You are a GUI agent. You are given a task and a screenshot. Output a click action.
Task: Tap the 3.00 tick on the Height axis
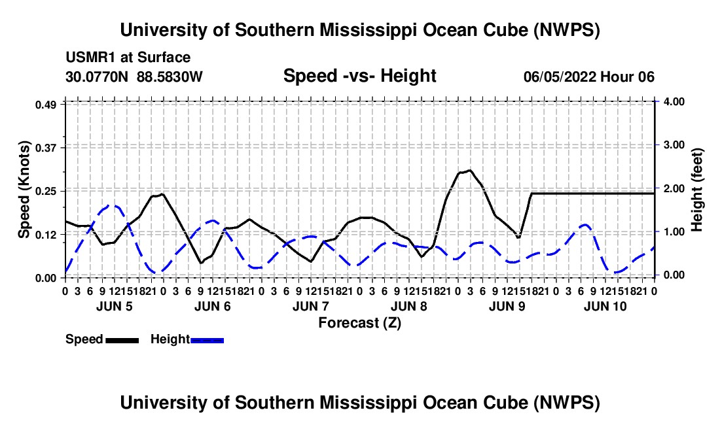coord(674,145)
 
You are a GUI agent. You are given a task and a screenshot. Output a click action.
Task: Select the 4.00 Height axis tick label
coord(674,101)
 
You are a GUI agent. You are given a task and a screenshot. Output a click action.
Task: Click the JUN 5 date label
coord(115,306)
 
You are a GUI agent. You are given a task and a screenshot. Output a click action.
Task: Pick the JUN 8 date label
coord(408,306)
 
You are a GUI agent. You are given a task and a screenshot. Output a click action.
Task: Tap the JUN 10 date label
coord(605,306)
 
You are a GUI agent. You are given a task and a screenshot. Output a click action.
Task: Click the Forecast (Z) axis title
coord(360,323)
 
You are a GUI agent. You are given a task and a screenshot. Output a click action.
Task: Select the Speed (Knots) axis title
coord(24,190)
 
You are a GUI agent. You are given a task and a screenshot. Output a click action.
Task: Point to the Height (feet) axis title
coord(696,190)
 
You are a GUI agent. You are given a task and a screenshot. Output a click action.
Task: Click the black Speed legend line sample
coord(122,340)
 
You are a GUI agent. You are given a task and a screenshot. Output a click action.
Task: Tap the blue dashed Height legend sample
coord(207,340)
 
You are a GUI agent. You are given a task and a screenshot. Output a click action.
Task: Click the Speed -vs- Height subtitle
coord(360,76)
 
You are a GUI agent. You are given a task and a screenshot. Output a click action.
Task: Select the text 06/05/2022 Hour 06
coord(589,76)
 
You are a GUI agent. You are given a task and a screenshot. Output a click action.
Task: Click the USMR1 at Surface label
coord(128,58)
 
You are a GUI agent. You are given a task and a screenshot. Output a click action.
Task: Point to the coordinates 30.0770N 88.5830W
coord(134,76)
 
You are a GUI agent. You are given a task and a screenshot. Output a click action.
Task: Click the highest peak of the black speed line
coord(470,171)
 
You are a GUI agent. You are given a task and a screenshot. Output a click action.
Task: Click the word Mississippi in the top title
coord(369,30)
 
